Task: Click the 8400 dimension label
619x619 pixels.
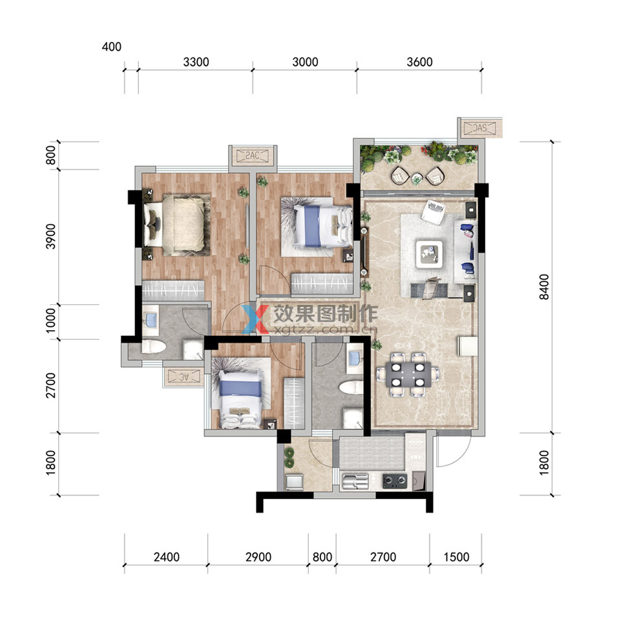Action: tap(544, 287)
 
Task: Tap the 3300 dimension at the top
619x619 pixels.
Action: tap(196, 62)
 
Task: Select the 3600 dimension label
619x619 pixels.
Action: tap(419, 62)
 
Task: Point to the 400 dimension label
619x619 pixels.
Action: tap(111, 47)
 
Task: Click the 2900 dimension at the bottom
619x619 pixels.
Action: tap(258, 557)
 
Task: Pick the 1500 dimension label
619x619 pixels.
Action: tap(456, 557)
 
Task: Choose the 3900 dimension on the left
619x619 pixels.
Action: tap(51, 236)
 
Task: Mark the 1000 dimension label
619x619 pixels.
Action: tap(51, 320)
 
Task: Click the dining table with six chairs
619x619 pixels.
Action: tap(408, 374)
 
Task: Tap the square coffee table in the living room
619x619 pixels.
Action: tap(429, 254)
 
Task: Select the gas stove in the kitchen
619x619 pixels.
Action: tap(394, 481)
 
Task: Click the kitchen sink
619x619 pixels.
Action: tap(355, 481)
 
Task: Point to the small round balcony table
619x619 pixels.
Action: tap(417, 180)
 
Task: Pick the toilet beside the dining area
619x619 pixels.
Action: tap(351, 387)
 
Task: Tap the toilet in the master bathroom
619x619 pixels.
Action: tap(154, 347)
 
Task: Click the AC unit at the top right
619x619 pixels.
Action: tap(479, 128)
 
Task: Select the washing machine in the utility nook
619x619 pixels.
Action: tap(294, 483)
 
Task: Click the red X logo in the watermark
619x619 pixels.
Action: tap(255, 319)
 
